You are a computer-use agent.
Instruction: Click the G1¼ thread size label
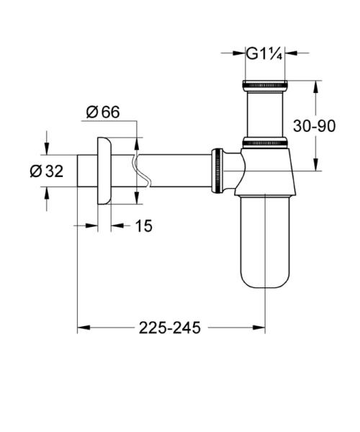click(x=264, y=53)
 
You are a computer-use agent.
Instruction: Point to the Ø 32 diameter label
click(x=46, y=171)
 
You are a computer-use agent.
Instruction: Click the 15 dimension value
click(x=143, y=226)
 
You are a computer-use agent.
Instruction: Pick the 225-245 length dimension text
click(x=170, y=328)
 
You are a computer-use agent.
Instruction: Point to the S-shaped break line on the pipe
click(x=139, y=171)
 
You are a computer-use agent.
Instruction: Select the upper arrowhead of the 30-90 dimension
click(x=316, y=86)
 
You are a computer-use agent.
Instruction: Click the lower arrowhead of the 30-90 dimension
click(x=316, y=165)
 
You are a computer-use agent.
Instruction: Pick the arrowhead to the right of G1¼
click(x=293, y=53)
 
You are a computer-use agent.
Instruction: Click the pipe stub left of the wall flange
click(x=87, y=171)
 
